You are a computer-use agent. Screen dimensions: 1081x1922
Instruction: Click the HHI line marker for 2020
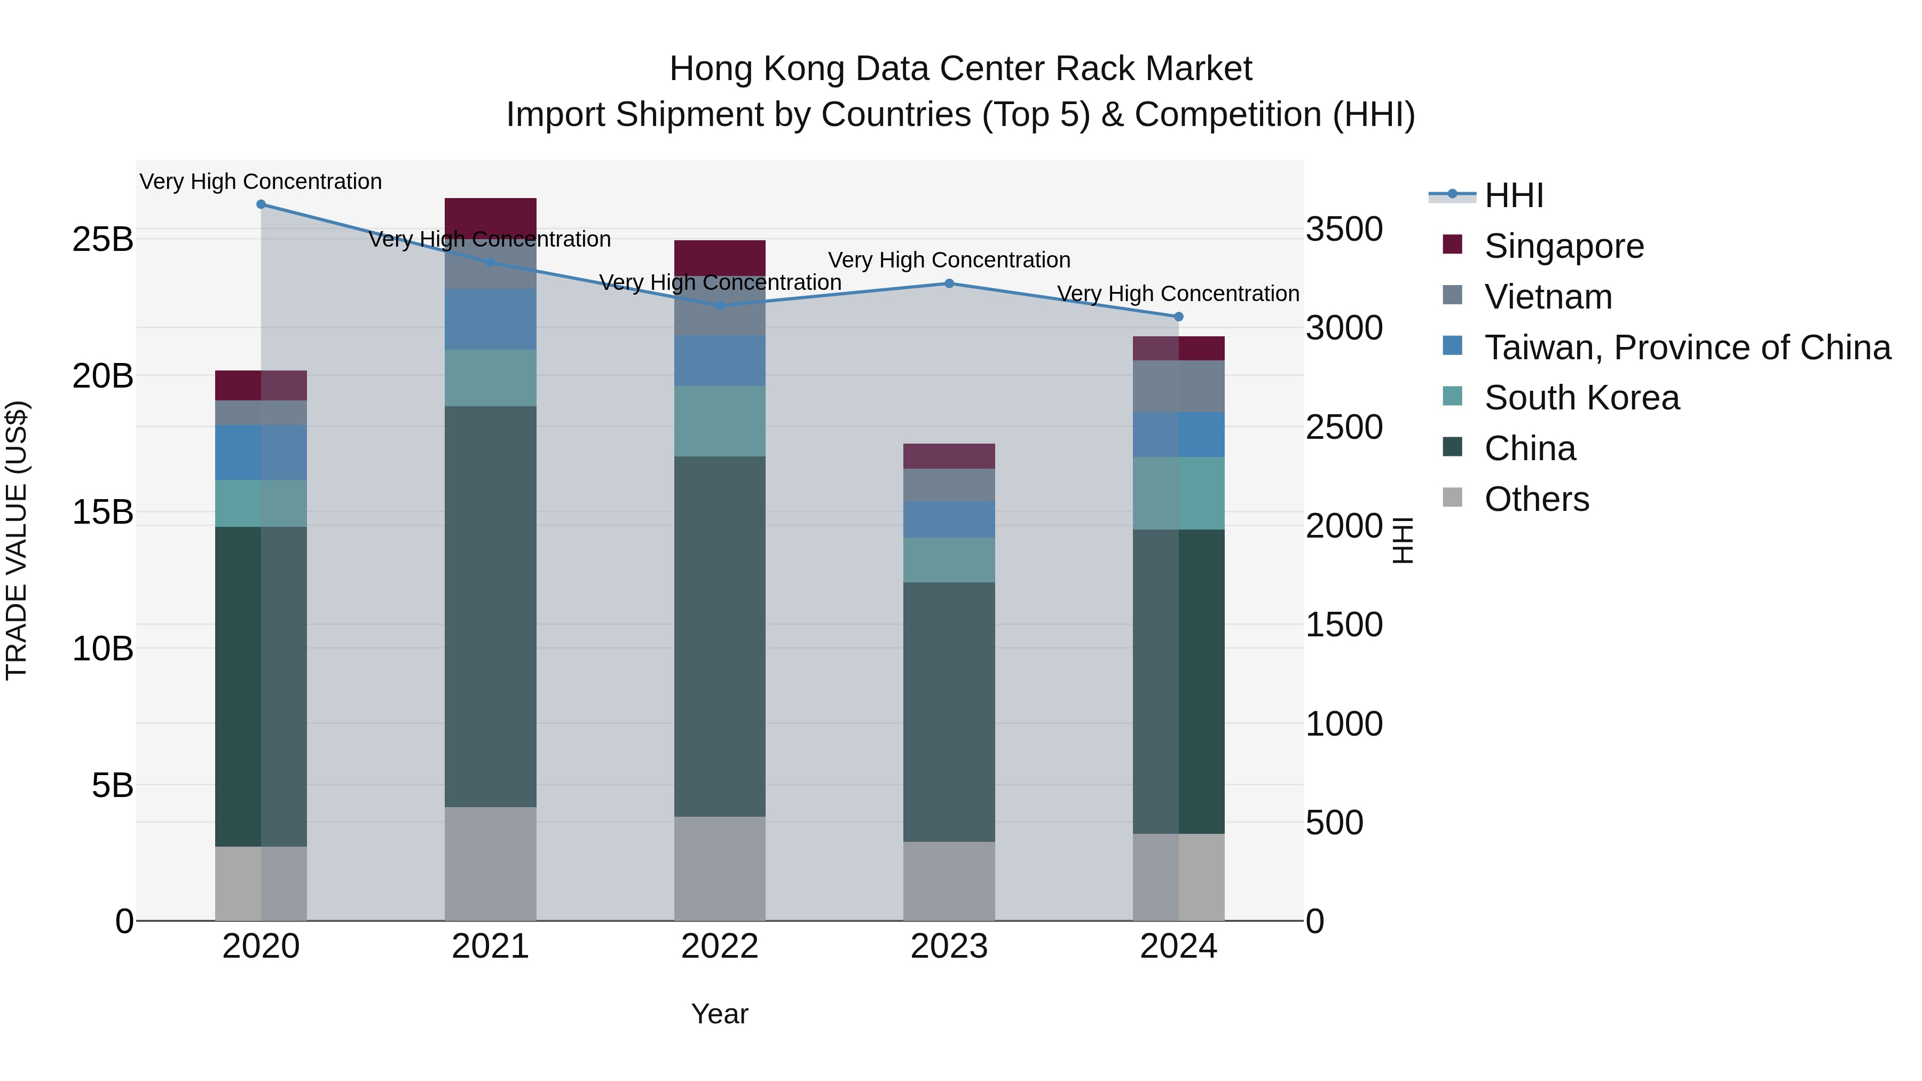(x=261, y=204)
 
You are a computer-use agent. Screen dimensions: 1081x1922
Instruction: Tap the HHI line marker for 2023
(x=949, y=283)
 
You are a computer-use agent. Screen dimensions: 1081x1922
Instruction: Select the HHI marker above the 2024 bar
(x=1179, y=317)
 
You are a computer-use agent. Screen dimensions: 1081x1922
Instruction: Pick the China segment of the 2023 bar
(x=949, y=713)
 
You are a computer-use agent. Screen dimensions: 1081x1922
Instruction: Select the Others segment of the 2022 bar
(x=720, y=869)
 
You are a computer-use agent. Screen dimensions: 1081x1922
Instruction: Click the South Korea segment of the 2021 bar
(x=490, y=378)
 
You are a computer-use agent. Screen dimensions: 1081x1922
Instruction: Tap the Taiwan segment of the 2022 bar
(x=720, y=361)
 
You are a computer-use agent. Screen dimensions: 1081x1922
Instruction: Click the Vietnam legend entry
(x=1548, y=297)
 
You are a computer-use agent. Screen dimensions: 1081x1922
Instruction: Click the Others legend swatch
(x=1453, y=497)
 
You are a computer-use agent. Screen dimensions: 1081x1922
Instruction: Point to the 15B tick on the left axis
(x=103, y=512)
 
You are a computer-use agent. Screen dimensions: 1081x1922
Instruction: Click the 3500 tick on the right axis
(x=1344, y=229)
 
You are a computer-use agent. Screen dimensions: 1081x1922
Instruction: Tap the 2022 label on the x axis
(x=720, y=946)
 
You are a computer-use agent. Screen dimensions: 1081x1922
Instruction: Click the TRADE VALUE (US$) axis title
(x=17, y=540)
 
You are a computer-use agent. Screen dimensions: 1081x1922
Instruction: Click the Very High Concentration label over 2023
(x=949, y=261)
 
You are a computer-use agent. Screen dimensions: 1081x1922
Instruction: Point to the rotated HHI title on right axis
(x=1403, y=540)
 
